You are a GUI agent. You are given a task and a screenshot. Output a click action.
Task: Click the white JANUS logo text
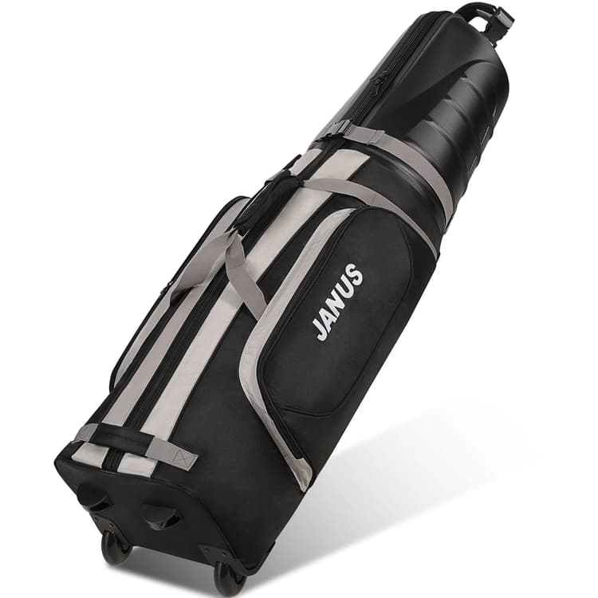click(337, 301)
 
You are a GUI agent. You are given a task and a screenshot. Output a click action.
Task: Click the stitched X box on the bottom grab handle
click(186, 459)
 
